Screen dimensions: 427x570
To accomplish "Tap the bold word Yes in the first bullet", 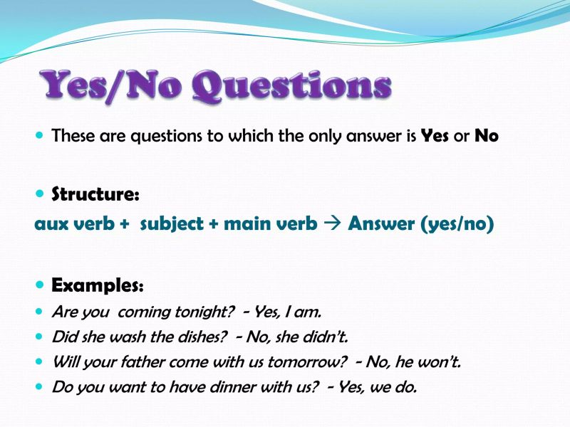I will [x=435, y=135].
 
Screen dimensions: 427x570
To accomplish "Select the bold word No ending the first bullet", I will [x=487, y=135].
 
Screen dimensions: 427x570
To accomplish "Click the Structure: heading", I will [x=96, y=194].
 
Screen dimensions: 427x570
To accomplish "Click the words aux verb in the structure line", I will [x=76, y=224].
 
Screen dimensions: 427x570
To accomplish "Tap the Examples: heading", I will [x=98, y=285].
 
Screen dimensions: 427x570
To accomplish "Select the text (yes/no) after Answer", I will [x=457, y=225].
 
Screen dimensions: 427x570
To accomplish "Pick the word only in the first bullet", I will [x=307, y=135].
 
